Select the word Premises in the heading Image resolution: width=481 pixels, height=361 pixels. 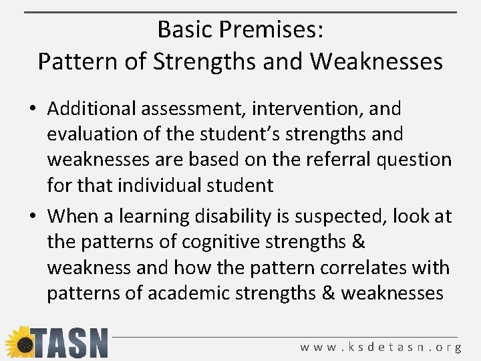coord(272,30)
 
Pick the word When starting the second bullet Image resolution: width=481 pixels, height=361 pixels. coord(72,216)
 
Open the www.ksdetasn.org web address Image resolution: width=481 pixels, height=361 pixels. coord(381,347)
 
